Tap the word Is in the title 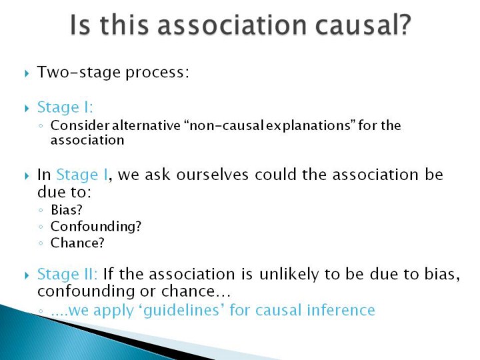80,25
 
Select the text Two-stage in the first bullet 79,73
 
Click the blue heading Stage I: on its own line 65,107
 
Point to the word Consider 80,125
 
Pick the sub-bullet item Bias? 67,210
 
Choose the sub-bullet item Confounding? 96,227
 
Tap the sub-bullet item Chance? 77,243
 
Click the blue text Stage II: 67,274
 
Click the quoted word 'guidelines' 181,311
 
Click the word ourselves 212,175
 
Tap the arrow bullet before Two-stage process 27,73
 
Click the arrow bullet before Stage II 27,275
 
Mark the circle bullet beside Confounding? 41,227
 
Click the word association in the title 232,25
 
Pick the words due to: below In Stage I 64,192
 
